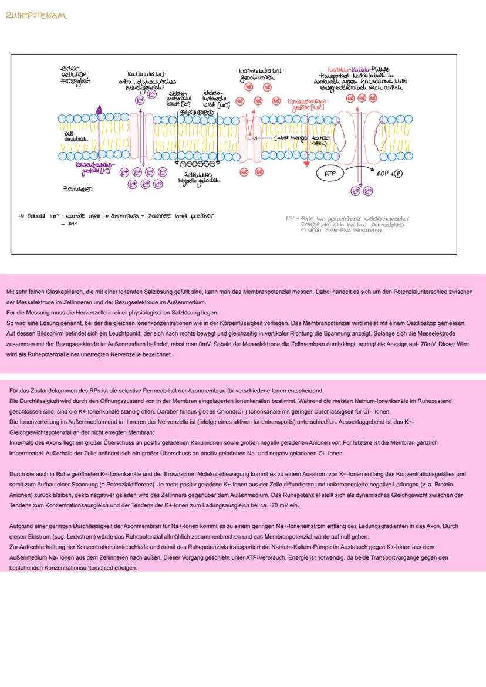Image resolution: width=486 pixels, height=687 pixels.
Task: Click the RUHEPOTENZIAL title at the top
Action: pyautogui.click(x=36, y=16)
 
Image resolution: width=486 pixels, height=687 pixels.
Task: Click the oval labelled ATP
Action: pyautogui.click(x=329, y=174)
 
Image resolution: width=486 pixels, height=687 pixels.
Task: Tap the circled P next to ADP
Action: pyautogui.click(x=399, y=174)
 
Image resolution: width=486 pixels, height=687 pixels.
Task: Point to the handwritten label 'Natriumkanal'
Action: pyautogui.click(x=262, y=74)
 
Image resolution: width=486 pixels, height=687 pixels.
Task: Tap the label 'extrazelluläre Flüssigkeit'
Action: pyautogui.click(x=75, y=75)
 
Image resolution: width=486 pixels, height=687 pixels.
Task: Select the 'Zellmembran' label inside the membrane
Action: pyautogui.click(x=73, y=136)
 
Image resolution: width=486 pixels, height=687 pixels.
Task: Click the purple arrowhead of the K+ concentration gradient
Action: pyautogui.click(x=99, y=109)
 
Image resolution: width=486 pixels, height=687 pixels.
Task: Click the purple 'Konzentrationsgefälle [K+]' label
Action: pyautogui.click(x=93, y=168)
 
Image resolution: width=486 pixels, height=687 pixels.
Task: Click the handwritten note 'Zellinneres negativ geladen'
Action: pyautogui.click(x=198, y=178)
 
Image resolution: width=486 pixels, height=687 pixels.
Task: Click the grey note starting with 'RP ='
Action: pyautogui.click(x=346, y=224)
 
